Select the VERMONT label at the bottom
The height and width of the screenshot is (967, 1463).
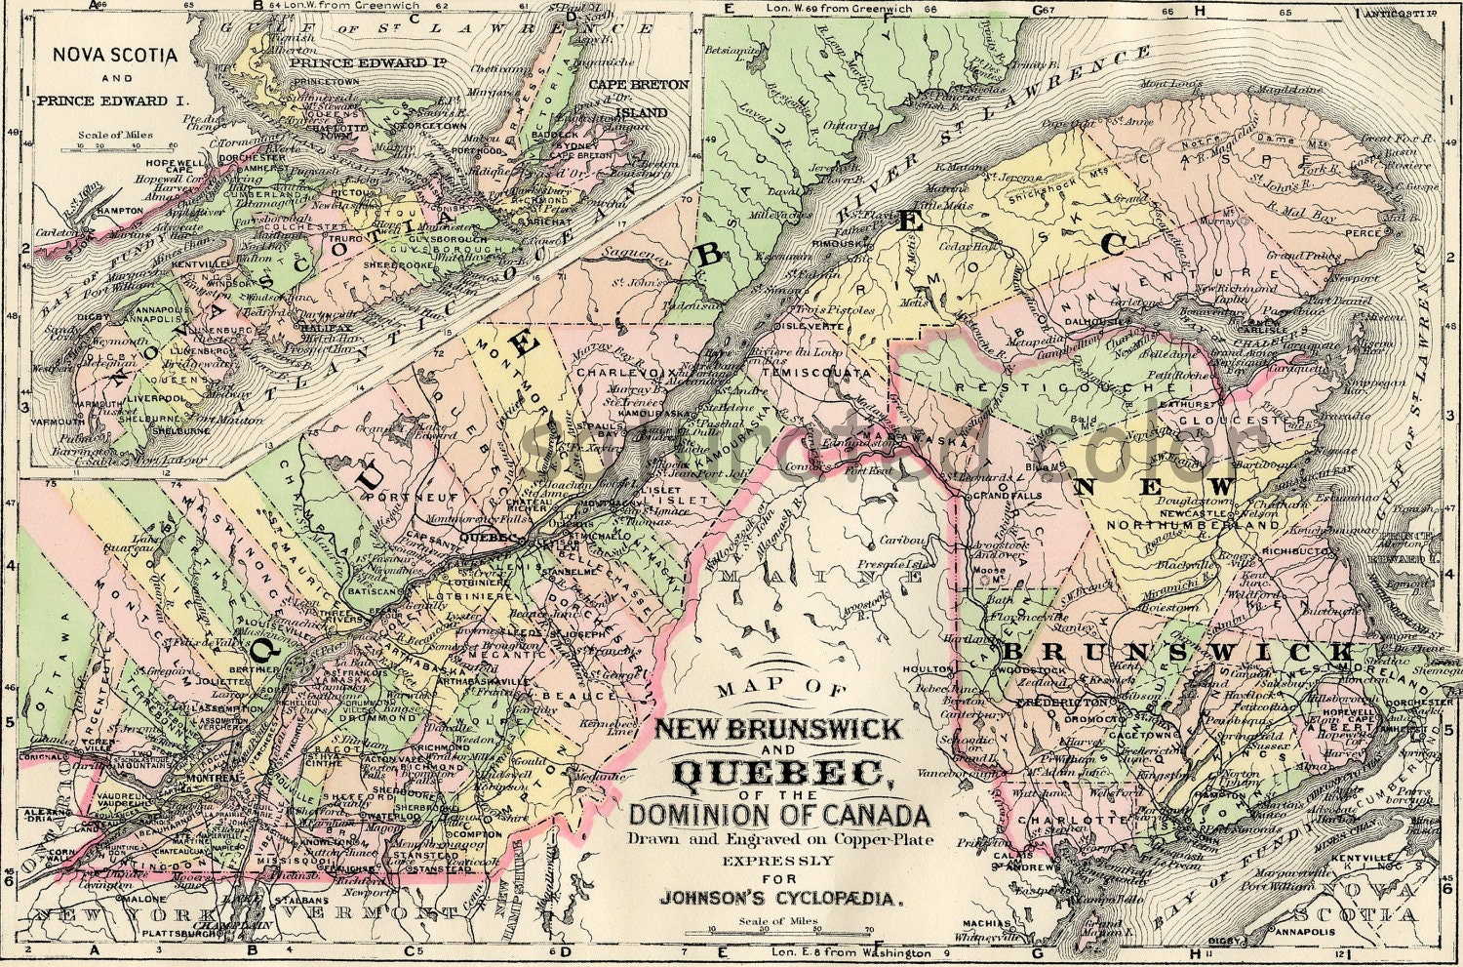370,914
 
